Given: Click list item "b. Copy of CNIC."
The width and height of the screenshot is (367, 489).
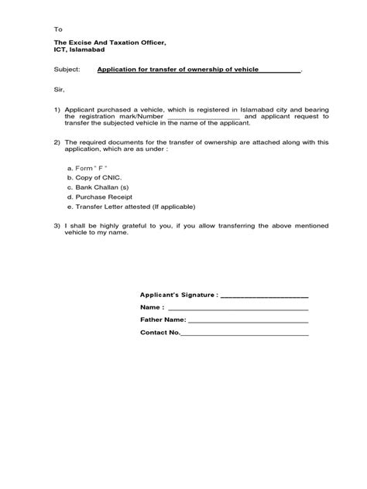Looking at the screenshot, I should pos(96,177).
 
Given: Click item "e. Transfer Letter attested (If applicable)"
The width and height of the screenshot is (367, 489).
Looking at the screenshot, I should pos(131,207).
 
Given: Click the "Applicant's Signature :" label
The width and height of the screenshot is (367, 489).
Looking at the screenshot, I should pos(179,295).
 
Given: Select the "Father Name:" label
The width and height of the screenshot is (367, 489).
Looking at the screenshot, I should pos(163,320).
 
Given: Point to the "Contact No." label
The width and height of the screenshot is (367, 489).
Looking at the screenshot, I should pos(159,333).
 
